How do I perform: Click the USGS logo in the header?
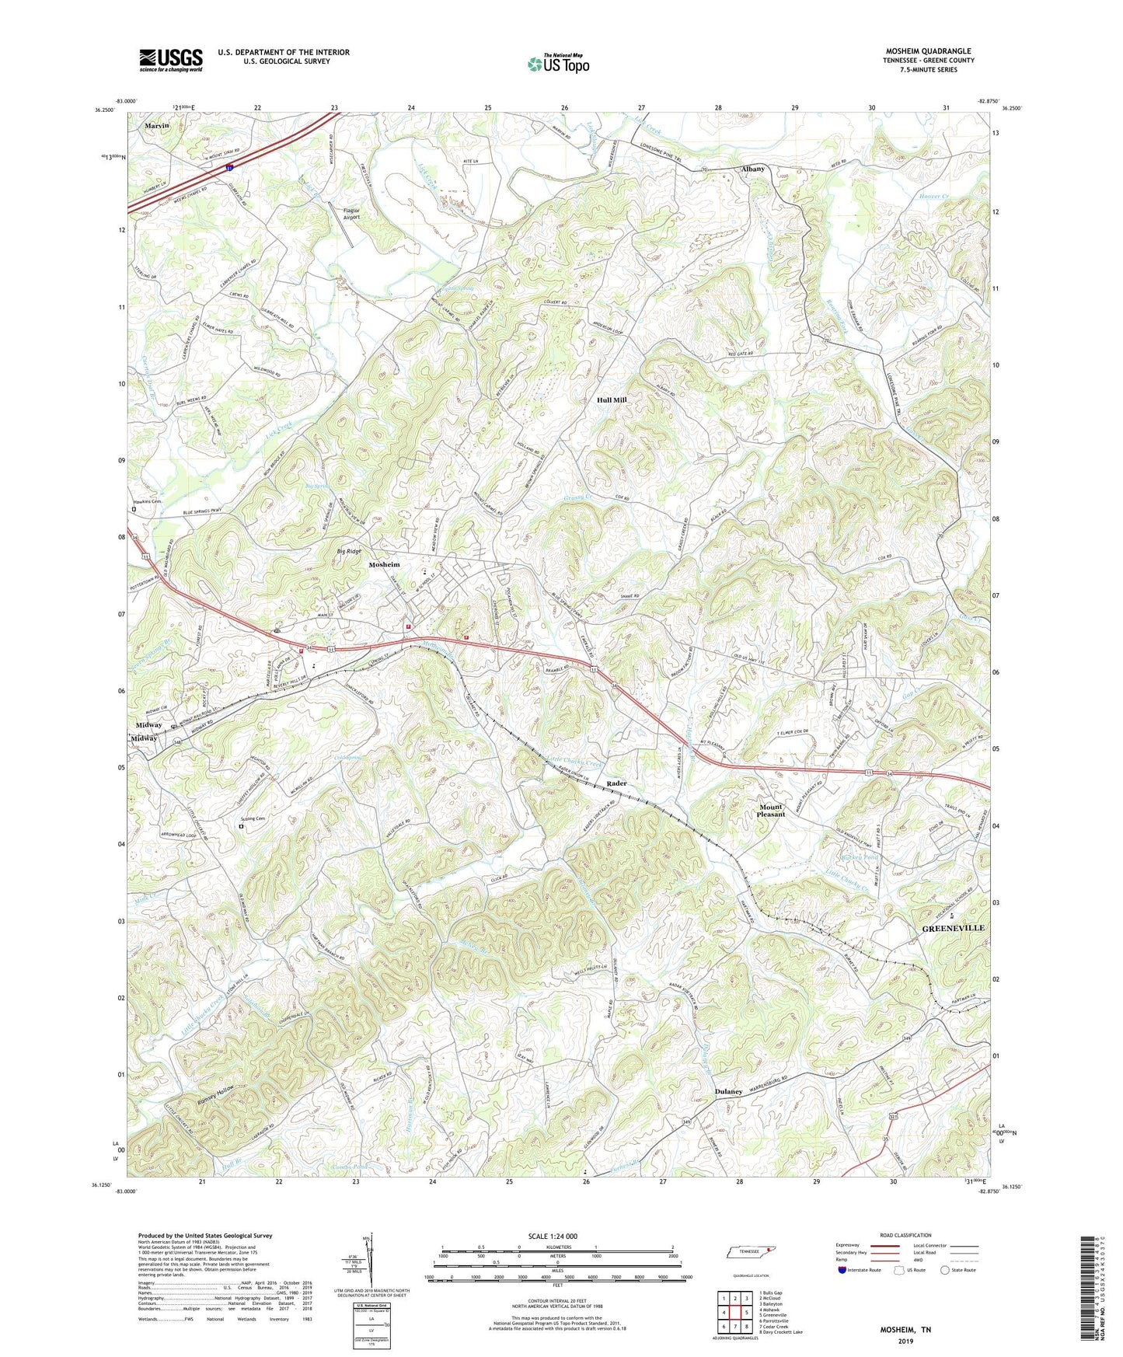pos(171,60)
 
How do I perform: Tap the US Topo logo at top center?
pos(557,64)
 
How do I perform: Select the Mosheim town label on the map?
pos(384,564)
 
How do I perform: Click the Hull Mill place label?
pos(612,399)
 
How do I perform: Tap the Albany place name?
pos(752,169)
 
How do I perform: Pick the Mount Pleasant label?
pos(771,811)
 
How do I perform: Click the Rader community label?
pos(616,783)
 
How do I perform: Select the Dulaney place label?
pos(728,1091)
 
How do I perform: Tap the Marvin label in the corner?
pos(156,125)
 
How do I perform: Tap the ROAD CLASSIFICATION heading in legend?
pos(905,1235)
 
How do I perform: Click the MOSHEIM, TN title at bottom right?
pos(905,1330)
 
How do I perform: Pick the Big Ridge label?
pos(349,551)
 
